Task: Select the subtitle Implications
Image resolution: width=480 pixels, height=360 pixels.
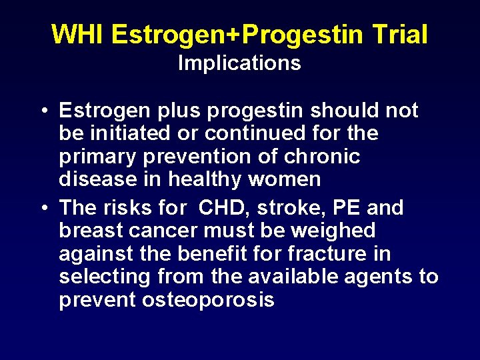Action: tap(239, 63)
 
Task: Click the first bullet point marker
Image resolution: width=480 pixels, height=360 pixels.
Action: tap(42, 111)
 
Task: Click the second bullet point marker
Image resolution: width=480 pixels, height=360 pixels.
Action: tap(42, 208)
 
